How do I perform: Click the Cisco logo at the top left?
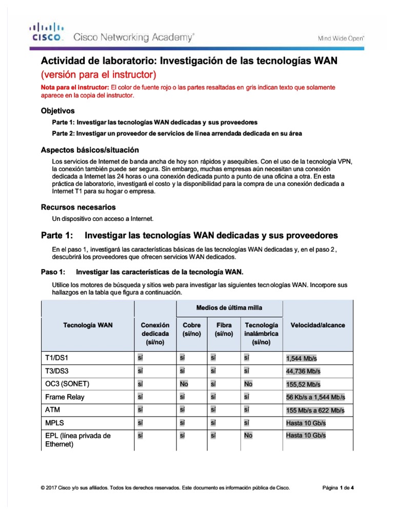tap(46, 32)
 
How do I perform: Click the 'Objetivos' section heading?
tap(57, 110)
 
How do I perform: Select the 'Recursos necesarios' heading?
tap(78, 207)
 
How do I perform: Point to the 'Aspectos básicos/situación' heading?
tap(90, 150)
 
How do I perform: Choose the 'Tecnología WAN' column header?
tap(88, 325)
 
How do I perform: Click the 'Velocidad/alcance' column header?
tap(318, 325)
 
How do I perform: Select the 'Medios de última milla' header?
tap(229, 308)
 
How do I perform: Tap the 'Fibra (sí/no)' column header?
tap(224, 329)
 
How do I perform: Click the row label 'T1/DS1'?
tap(56, 358)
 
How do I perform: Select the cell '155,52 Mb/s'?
tap(303, 384)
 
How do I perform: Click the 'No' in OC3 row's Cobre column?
tap(184, 384)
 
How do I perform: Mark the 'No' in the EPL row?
tap(249, 435)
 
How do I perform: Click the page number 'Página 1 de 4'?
tap(338, 488)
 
